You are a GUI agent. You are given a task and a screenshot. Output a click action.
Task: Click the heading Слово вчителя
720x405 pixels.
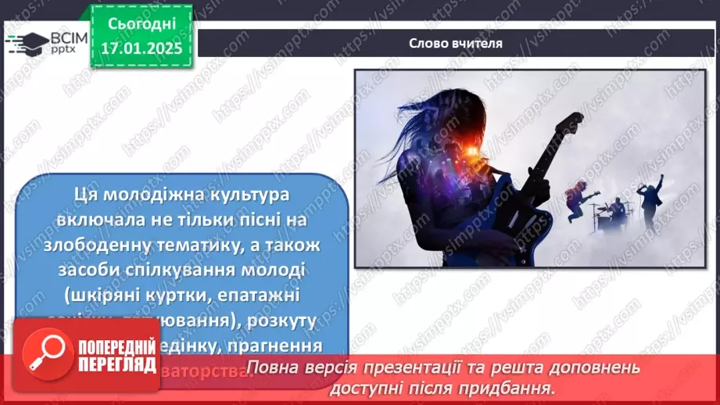[x=456, y=43]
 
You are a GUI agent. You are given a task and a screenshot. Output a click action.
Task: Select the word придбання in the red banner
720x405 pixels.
[x=512, y=387]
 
